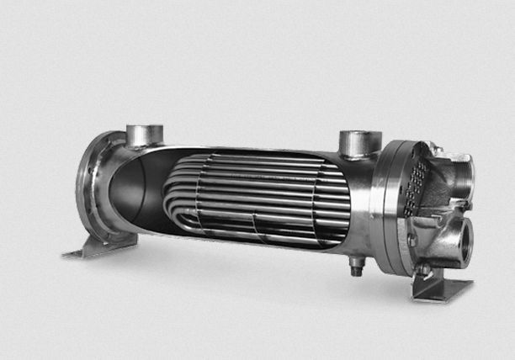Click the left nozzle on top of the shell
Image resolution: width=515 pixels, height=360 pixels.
pos(144,135)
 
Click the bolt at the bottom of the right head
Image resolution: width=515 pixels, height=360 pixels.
pos(426,269)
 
